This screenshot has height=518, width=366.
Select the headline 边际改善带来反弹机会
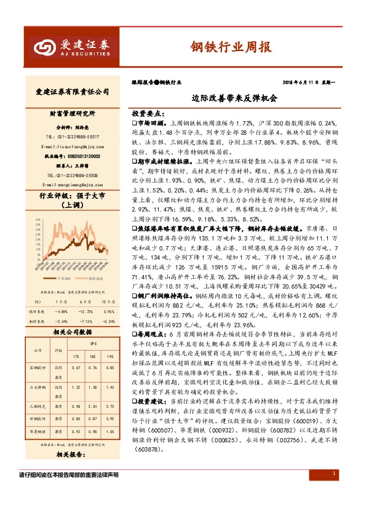coord(235,97)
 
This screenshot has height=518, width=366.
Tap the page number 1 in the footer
coord(333,474)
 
